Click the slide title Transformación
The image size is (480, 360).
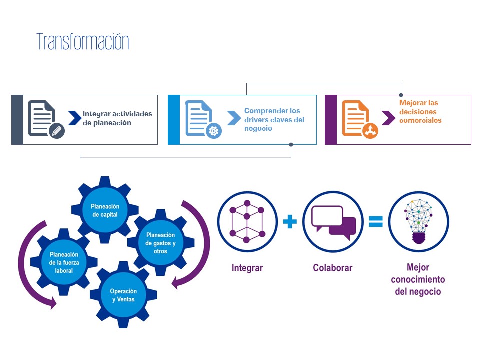click(83, 42)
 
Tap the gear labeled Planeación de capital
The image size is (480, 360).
click(105, 210)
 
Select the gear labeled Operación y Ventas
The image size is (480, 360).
click(123, 295)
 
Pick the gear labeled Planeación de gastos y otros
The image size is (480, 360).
click(160, 243)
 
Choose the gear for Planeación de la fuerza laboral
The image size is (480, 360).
click(61, 262)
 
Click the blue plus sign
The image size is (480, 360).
click(290, 222)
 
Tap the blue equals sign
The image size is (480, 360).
click(375, 221)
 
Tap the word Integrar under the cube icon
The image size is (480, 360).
click(247, 268)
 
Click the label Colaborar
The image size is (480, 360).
click(333, 268)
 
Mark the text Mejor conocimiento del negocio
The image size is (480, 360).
click(418, 280)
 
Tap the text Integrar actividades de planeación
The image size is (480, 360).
click(117, 118)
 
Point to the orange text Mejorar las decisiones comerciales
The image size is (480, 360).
click(420, 111)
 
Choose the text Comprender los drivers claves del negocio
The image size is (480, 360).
click(274, 119)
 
